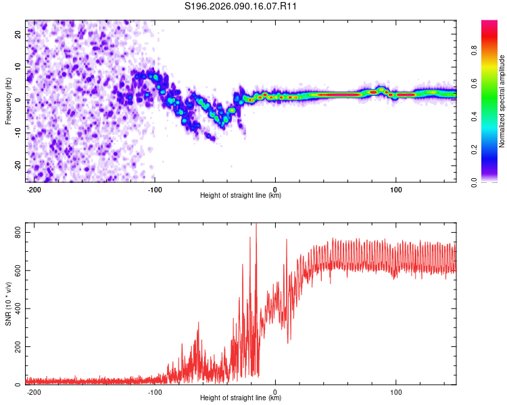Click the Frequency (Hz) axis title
pos(8,101)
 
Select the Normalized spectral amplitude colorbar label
pos(502,101)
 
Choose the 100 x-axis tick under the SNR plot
pos(396,391)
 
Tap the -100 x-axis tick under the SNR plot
pos(154,391)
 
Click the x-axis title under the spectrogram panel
pos(241,196)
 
